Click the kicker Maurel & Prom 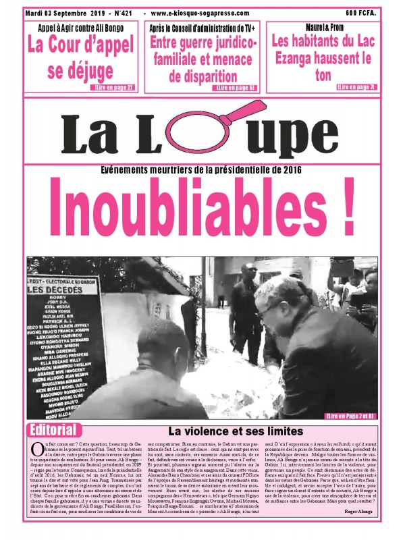click(321, 29)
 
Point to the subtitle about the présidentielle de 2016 click(202, 171)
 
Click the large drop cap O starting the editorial click(36, 450)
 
